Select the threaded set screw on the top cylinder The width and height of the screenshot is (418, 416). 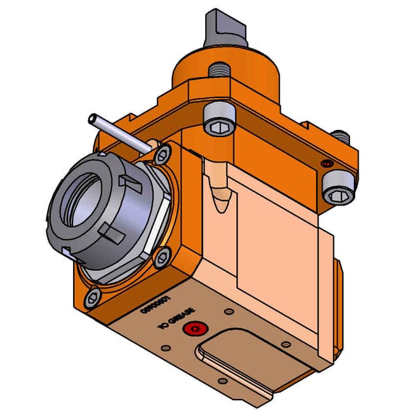coord(217,68)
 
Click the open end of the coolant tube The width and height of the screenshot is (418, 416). coord(92,119)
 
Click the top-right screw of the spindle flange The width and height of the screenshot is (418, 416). coord(161,155)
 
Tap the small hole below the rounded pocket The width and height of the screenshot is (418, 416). coord(223,380)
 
